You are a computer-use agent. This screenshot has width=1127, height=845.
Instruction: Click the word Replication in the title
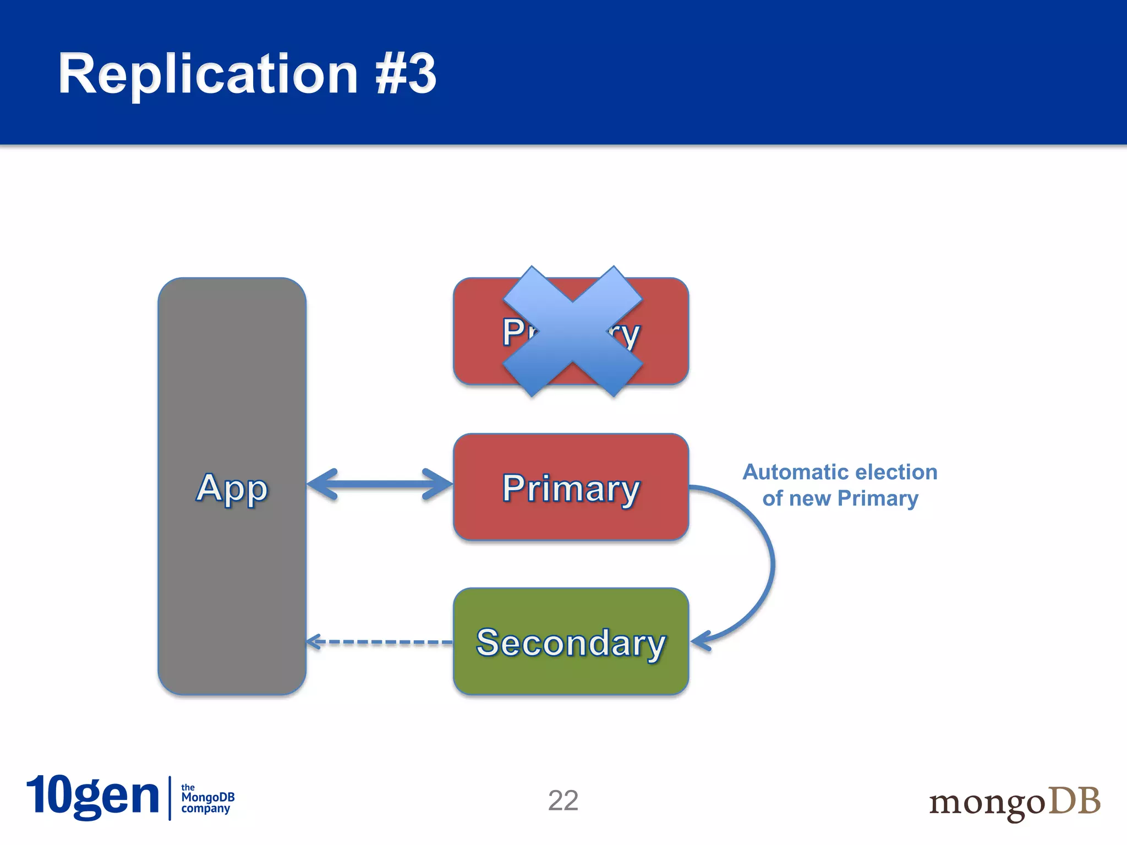pyautogui.click(x=208, y=74)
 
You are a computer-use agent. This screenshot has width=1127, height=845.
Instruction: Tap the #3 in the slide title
pyautogui.click(x=406, y=74)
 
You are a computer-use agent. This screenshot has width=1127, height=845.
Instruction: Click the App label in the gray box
pyautogui.click(x=232, y=488)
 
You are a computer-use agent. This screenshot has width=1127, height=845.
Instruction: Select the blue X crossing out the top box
pyautogui.click(x=572, y=331)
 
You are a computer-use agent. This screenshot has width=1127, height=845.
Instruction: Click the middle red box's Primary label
pyautogui.click(x=571, y=488)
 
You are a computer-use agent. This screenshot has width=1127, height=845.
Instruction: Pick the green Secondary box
pyautogui.click(x=571, y=642)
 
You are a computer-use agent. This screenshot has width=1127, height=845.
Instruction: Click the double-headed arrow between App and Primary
pyautogui.click(x=380, y=484)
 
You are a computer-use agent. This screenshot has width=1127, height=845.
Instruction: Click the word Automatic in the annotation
pyautogui.click(x=794, y=472)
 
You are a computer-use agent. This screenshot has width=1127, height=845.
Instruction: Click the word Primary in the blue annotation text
pyautogui.click(x=878, y=498)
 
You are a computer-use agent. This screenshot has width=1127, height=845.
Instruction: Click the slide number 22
pyautogui.click(x=563, y=800)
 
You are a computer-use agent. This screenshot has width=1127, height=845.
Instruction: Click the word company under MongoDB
pyautogui.click(x=205, y=809)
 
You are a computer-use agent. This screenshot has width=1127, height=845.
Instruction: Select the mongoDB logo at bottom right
pyautogui.click(x=1014, y=802)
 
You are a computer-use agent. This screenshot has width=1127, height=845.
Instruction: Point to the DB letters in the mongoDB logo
pyautogui.click(x=1074, y=800)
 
